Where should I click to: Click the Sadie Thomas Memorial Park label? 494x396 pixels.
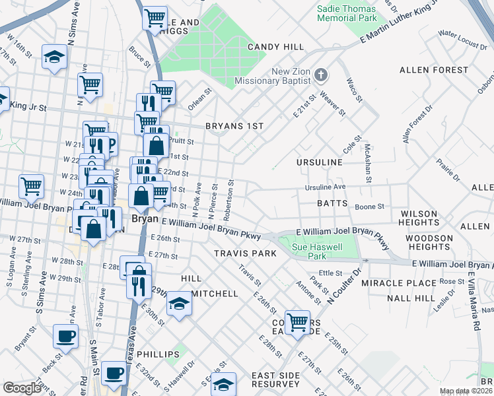(346, 13)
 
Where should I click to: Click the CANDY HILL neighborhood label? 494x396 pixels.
(275, 47)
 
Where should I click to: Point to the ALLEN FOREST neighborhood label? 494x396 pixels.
(433, 69)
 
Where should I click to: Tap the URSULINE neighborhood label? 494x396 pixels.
(319, 162)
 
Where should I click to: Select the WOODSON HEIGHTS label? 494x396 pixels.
(429, 242)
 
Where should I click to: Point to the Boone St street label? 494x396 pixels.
(369, 207)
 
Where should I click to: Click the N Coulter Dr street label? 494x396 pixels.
(344, 286)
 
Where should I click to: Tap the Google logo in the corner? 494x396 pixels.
(22, 388)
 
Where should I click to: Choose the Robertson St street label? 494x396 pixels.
(229, 201)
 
